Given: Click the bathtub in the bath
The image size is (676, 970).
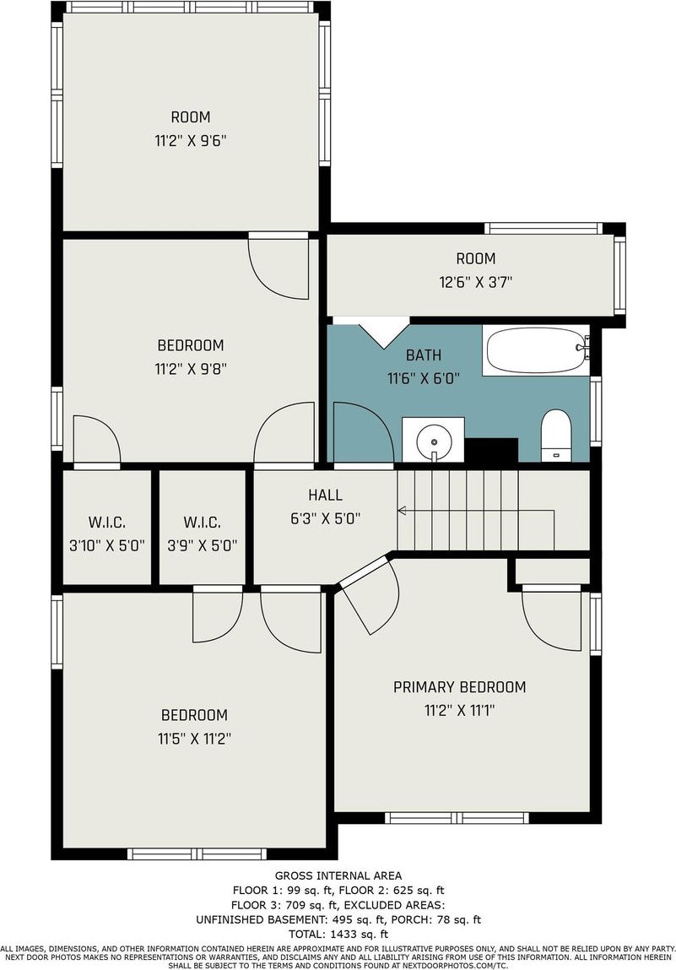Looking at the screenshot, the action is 536,350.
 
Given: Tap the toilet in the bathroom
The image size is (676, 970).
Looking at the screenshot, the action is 554,435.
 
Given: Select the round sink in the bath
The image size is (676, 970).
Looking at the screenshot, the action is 434,442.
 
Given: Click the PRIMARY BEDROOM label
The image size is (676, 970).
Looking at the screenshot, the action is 460,686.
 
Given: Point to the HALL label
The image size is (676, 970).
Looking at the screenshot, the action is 325,495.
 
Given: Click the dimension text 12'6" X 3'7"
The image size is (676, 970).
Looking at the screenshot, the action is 476,282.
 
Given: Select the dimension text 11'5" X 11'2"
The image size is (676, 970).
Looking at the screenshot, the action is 194,739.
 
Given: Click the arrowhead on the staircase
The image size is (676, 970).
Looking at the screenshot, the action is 402,511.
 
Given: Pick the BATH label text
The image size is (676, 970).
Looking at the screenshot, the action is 424,355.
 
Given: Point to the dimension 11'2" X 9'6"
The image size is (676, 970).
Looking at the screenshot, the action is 191,141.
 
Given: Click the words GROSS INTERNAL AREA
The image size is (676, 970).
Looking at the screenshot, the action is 338,875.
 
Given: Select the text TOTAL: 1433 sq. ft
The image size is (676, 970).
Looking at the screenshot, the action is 338,934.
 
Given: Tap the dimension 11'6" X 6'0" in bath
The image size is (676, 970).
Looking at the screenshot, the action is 424,378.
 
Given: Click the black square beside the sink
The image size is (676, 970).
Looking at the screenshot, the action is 491,450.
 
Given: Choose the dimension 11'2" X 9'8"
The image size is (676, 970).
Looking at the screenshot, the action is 191,369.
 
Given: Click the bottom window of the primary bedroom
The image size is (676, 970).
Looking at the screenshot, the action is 457,818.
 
